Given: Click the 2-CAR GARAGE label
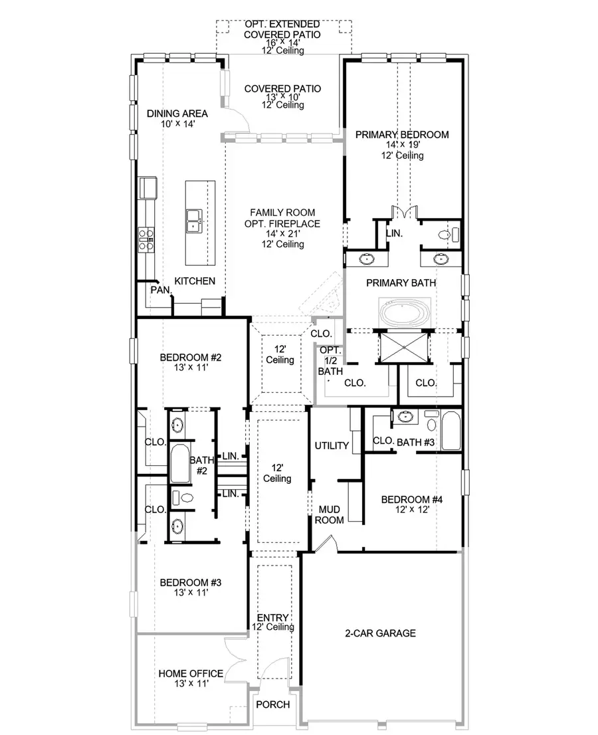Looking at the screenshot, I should pos(380,633).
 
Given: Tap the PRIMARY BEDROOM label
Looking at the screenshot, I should pos(401,134).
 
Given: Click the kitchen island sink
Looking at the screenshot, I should pos(195,220).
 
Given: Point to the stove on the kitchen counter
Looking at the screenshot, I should pos(146,239).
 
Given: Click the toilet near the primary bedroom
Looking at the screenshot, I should pos(449,234).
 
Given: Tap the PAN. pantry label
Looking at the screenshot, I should pos(160,290).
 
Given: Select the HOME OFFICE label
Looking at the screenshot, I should pos(190,673).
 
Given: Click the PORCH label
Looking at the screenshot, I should pos(273,704).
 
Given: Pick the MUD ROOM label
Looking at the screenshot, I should pos(330,514).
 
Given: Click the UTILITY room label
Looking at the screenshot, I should pos(332,445).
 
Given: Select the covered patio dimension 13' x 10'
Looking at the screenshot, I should pos(282,97).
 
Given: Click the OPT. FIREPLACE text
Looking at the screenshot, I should pos(282,224).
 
